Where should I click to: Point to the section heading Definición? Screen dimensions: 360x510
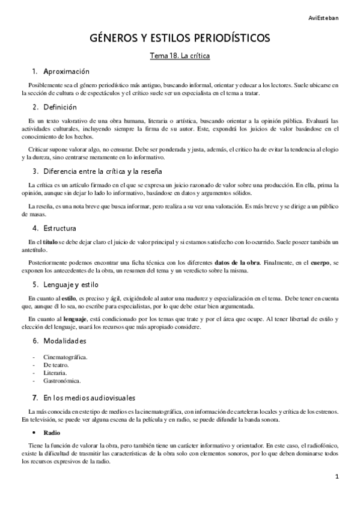click(60, 107)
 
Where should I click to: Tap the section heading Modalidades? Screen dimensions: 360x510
click(65, 340)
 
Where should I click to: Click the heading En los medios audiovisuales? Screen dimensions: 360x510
click(90, 398)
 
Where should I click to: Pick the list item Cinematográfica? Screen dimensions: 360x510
click(66, 357)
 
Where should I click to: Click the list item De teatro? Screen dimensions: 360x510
click(56, 365)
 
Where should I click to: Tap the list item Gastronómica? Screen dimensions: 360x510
click(62, 381)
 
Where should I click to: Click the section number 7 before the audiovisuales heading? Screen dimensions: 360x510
click(35, 398)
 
